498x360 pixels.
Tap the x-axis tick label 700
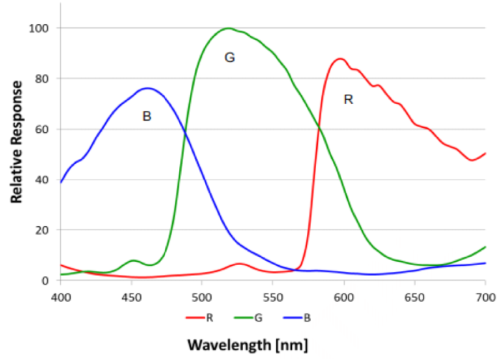[485, 298]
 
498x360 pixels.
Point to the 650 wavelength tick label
[414, 298]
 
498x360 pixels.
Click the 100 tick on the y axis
[43, 28]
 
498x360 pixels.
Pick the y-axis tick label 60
[46, 129]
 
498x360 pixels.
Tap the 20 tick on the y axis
[46, 230]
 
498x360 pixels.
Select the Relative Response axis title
[17, 142]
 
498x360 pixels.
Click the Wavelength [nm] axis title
[247, 345]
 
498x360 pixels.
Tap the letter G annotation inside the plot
[229, 57]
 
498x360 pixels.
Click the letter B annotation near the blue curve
[146, 117]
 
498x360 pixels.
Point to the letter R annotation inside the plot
[348, 100]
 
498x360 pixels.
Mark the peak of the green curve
[228, 28]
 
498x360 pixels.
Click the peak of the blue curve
[148, 88]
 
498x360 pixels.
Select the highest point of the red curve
[340, 58]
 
